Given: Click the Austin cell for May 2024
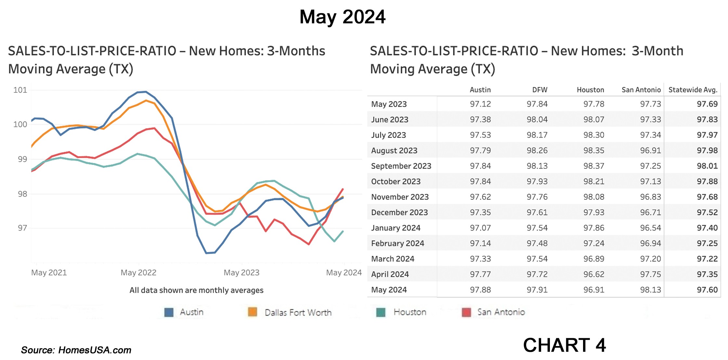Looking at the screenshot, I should [x=480, y=290].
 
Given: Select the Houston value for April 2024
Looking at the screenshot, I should [x=593, y=274].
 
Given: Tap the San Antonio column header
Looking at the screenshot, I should [x=641, y=90].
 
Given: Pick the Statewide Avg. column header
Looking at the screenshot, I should [x=693, y=90].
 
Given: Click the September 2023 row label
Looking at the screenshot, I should [x=401, y=166].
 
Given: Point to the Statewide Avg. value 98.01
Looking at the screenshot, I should [x=707, y=166].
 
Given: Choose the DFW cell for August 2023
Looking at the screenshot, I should [x=537, y=150].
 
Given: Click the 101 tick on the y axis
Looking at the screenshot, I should [x=20, y=90].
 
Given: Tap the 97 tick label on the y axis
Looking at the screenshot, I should [x=22, y=228].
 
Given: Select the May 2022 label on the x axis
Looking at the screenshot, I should [x=138, y=273].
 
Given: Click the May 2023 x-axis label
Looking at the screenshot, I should [x=241, y=273].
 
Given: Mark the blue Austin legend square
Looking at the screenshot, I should [x=169, y=312].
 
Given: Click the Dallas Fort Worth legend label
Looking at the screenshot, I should [x=298, y=313].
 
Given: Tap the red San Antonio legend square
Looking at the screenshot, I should [x=466, y=312].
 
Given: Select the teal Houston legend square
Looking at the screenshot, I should [x=381, y=312].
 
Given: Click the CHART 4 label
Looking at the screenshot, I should [x=564, y=345].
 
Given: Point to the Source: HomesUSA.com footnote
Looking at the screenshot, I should [x=76, y=350].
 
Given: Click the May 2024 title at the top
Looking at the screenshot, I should [x=342, y=17].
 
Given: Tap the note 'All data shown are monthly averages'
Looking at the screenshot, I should [x=196, y=290].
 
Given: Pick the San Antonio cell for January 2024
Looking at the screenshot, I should [x=650, y=228].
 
